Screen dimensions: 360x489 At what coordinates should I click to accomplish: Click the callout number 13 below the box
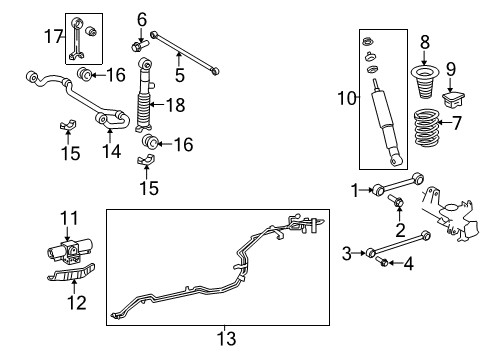pyautogui.click(x=228, y=339)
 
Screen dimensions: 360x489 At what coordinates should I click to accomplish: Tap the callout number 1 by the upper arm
pyautogui.click(x=353, y=188)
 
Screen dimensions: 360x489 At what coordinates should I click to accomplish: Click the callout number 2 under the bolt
pyautogui.click(x=399, y=229)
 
